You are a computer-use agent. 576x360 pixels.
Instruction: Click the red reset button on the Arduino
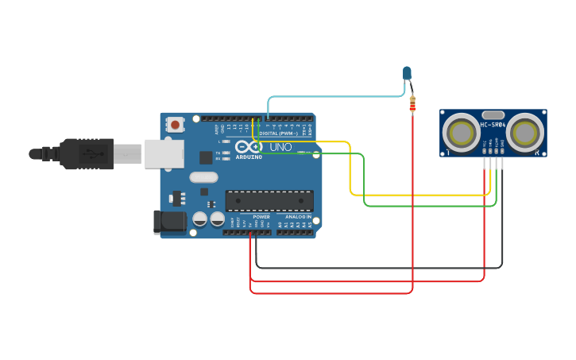(175, 124)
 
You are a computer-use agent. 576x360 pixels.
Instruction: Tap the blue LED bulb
(408, 73)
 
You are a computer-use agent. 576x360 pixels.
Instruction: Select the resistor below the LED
(412, 103)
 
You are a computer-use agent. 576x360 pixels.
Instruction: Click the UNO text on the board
(280, 147)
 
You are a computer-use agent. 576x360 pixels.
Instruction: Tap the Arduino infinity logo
(248, 147)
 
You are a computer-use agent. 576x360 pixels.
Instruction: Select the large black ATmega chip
(269, 200)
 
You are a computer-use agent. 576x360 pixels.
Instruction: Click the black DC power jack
(169, 222)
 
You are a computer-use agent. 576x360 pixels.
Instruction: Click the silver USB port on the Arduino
(164, 153)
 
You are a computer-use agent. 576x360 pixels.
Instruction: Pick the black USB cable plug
(87, 153)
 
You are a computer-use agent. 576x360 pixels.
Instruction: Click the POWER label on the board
(261, 217)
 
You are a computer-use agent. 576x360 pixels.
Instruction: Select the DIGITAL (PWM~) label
(279, 134)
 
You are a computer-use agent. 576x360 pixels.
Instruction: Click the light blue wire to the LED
(334, 97)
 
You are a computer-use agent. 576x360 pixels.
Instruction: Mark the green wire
(429, 206)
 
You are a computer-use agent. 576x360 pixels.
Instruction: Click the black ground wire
(381, 268)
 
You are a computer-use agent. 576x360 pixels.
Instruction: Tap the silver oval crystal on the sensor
(493, 114)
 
